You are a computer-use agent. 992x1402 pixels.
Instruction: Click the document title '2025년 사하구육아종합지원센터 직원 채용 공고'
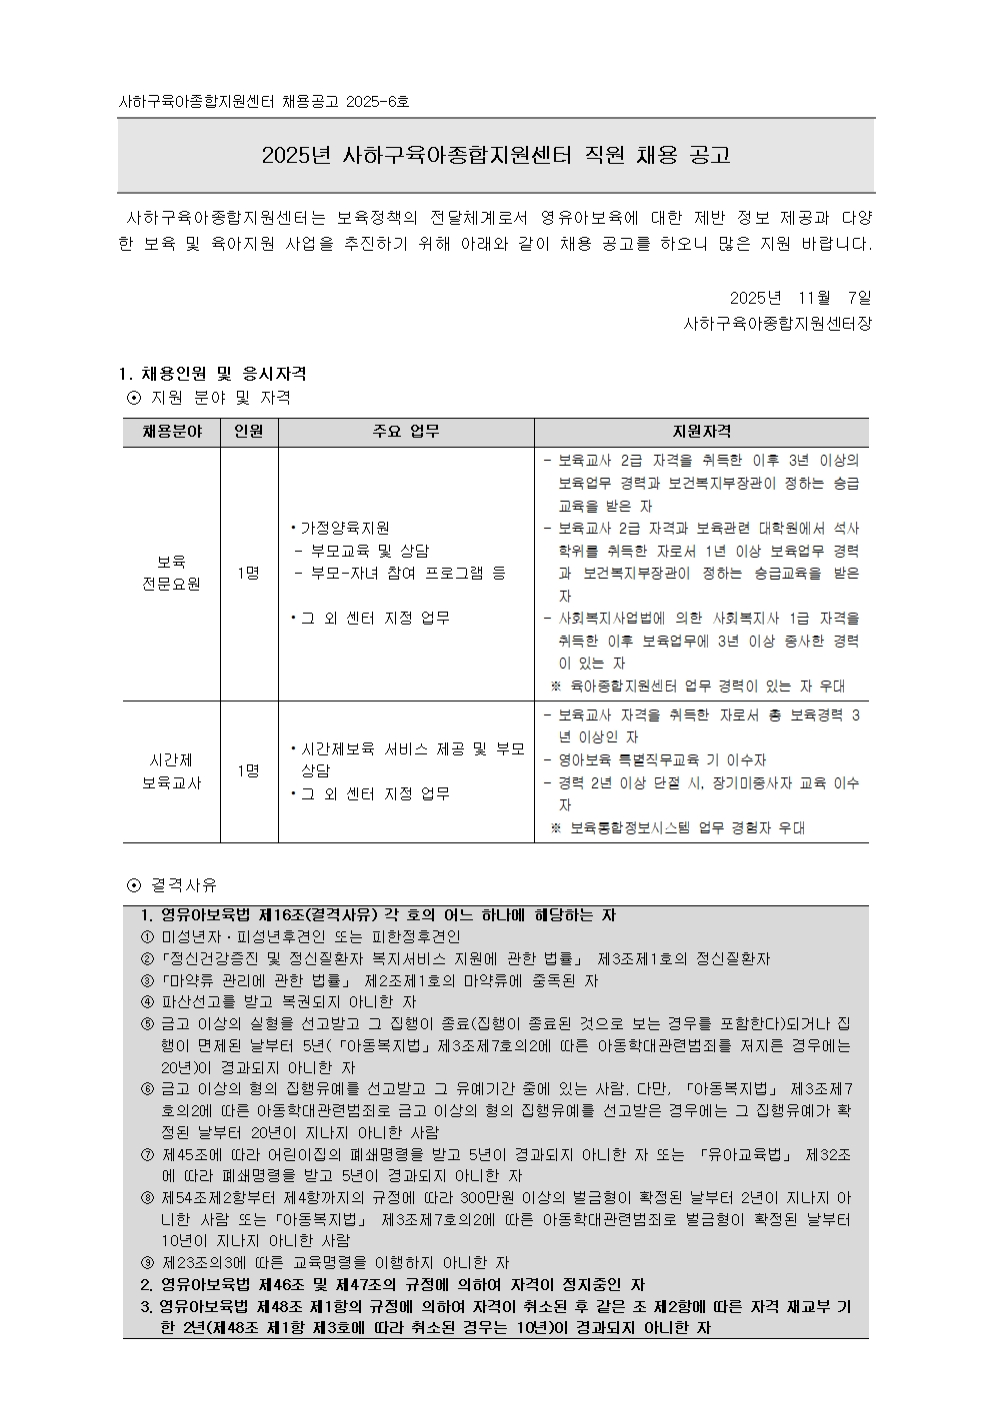coord(496,155)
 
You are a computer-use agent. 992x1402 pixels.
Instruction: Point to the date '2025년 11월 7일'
coord(800,298)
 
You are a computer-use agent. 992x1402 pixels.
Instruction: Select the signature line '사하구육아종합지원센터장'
coord(777,324)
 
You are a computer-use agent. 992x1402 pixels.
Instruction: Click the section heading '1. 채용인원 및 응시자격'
coord(212,374)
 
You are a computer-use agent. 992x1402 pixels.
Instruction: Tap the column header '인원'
coord(249,432)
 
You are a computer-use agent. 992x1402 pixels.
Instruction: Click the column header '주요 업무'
coord(406,432)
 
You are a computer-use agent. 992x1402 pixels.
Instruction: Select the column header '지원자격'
coord(701,432)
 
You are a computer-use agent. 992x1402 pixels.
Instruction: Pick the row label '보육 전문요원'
coord(171,573)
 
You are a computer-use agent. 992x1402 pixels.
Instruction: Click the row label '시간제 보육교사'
coord(171,771)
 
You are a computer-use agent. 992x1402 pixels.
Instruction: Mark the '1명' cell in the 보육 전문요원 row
coord(249,573)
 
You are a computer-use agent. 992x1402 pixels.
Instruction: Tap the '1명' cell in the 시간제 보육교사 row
coord(249,771)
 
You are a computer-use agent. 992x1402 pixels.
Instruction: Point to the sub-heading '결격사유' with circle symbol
coord(183,885)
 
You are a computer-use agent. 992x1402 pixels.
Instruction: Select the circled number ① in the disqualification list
coord(147,937)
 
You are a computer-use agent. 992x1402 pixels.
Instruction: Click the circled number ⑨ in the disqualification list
coord(147,1263)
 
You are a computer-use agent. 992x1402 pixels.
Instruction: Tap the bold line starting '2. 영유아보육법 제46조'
coord(392,1285)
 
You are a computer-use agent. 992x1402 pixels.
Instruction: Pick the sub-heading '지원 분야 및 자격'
coord(220,398)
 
